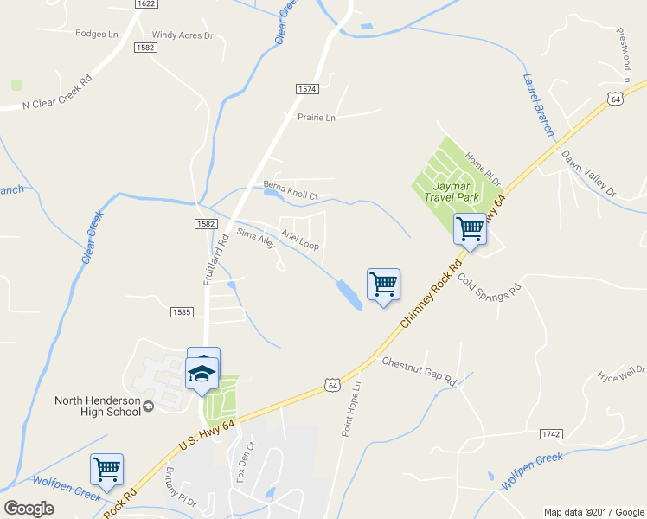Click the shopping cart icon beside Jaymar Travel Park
click(470, 230)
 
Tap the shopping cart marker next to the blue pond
click(383, 284)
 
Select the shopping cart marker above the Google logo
click(106, 470)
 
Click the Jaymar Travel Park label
click(452, 191)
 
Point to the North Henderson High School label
click(97, 406)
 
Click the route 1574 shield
click(307, 89)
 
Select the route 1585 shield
click(182, 311)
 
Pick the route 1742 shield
click(551, 432)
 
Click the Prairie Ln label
click(317, 118)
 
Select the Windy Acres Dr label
click(183, 35)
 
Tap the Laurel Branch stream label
click(537, 104)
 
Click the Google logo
click(29, 509)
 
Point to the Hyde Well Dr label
click(621, 375)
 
